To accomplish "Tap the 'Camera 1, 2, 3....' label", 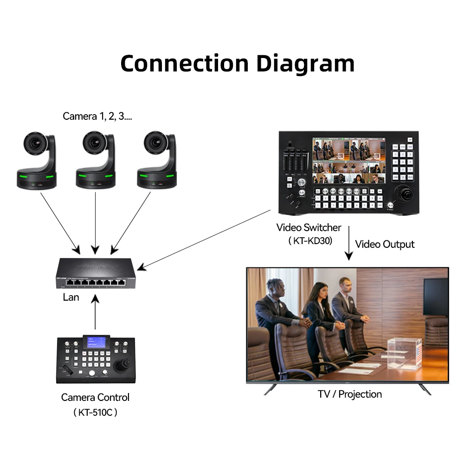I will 97,116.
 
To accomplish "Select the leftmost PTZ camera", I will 37,160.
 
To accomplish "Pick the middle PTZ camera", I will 96,160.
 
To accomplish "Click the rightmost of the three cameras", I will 157,160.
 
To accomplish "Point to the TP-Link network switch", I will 96,274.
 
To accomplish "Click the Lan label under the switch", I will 71,297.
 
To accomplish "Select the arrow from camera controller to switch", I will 95,314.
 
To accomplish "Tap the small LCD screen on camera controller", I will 96,342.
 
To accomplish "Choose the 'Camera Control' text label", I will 95,397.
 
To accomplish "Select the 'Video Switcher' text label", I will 309,228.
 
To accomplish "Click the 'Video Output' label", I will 385,244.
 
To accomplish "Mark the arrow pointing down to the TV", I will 348,244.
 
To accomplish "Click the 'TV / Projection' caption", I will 350,394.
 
